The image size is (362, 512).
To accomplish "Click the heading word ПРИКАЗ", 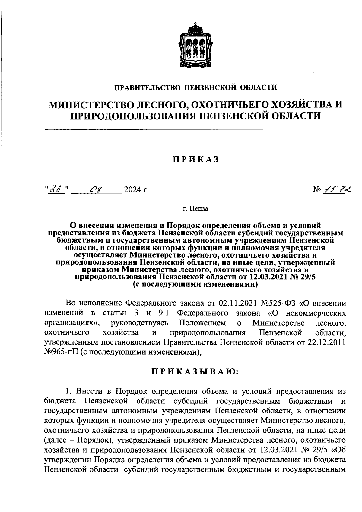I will click(196, 160).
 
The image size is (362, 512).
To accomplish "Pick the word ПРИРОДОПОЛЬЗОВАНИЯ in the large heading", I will click(133, 116).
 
